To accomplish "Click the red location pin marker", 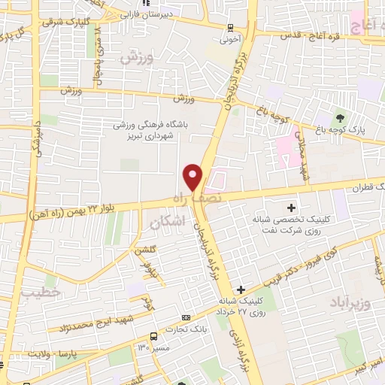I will [193, 176].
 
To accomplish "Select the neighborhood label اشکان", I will [167, 223].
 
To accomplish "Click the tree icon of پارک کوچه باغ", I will [340, 118].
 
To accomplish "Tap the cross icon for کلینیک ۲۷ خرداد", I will [241, 290].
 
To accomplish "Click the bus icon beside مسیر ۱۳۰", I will [154, 336].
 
